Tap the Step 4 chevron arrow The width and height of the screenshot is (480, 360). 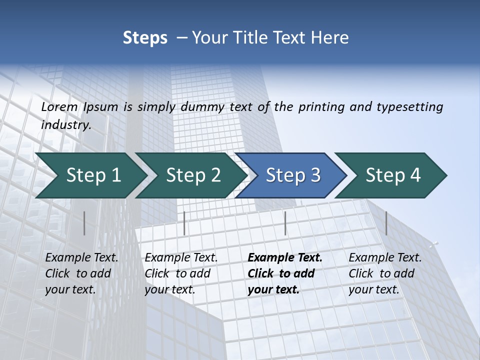pos(393,175)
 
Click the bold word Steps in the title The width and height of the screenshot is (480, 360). pos(145,38)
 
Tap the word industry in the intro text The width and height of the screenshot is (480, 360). pos(66,124)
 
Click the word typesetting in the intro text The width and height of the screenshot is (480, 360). pos(409,106)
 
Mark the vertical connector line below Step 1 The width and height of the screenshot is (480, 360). pos(84,223)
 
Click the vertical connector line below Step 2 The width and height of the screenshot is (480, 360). pos(184,223)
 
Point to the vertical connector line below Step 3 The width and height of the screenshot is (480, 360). pos(285,223)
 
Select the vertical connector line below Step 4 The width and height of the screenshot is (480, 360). pos(386,223)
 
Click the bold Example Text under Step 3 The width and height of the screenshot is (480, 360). pos(285,258)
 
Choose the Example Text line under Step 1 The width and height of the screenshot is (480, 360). pos(82,258)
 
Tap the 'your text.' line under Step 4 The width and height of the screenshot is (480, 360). pos(374,289)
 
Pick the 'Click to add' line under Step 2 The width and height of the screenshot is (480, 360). pos(177,273)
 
